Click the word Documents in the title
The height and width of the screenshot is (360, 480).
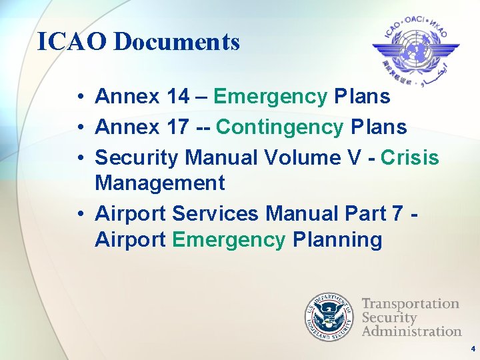pyautogui.click(x=177, y=42)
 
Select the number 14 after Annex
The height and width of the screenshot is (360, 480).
pyautogui.click(x=177, y=97)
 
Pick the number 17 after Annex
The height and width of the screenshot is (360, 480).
pyautogui.click(x=177, y=126)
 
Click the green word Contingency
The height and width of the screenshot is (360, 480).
pyautogui.click(x=279, y=127)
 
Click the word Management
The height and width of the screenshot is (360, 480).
pyautogui.click(x=160, y=182)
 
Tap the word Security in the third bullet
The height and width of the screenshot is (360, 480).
pyautogui.click(x=137, y=157)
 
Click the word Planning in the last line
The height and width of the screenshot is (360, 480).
pyautogui.click(x=337, y=239)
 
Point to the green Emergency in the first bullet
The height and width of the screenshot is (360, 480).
pyautogui.click(x=270, y=97)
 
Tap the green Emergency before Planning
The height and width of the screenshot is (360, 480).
pyautogui.click(x=229, y=239)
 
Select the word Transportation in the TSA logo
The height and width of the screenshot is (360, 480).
pyautogui.click(x=410, y=304)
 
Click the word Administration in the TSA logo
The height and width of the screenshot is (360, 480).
pyautogui.click(x=411, y=331)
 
